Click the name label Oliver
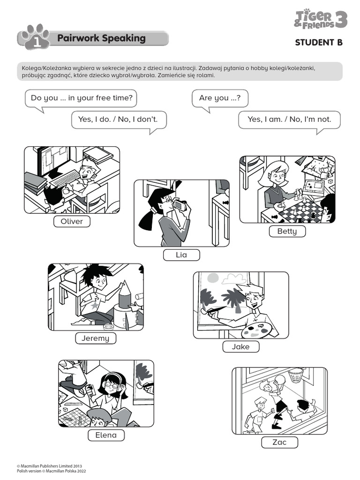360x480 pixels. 72,221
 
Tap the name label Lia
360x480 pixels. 181,255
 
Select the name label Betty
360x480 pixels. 287,231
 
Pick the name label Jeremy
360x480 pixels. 95,338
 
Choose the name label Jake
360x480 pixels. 240,347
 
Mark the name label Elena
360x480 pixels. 106,435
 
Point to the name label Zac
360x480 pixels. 279,442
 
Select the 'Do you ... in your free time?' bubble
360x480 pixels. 81,98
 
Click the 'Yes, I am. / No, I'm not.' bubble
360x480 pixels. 289,120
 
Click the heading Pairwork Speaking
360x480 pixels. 101,38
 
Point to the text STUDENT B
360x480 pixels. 319,43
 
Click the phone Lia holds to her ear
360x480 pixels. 179,205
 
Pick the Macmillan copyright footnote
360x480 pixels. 52,469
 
